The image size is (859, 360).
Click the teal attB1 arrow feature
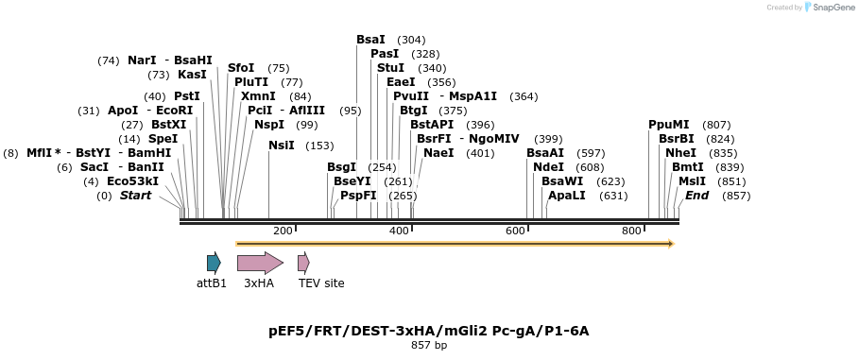click(x=214, y=263)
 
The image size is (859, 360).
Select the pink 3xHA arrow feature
click(x=259, y=263)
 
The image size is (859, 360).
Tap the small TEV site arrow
click(x=303, y=263)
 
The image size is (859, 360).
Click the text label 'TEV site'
click(x=321, y=283)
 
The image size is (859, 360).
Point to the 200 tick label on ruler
click(x=283, y=231)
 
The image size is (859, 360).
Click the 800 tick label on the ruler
click(x=631, y=231)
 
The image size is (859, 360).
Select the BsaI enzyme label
click(x=370, y=40)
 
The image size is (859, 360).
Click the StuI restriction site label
click(x=390, y=68)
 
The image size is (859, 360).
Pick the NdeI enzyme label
click(x=548, y=167)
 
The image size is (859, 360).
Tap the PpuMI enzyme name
click(x=668, y=125)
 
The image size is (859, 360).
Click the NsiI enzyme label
click(x=282, y=146)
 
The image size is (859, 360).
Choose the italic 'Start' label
click(x=135, y=196)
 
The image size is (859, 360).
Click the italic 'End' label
click(x=696, y=196)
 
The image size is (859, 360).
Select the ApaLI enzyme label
click(x=566, y=196)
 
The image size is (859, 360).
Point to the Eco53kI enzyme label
click(x=132, y=181)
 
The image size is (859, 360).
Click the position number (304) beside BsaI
click(x=411, y=40)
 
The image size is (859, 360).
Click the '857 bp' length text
click(x=429, y=346)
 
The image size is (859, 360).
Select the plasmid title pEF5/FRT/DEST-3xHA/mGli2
click(x=429, y=331)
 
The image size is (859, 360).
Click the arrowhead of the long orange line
click(x=670, y=244)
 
